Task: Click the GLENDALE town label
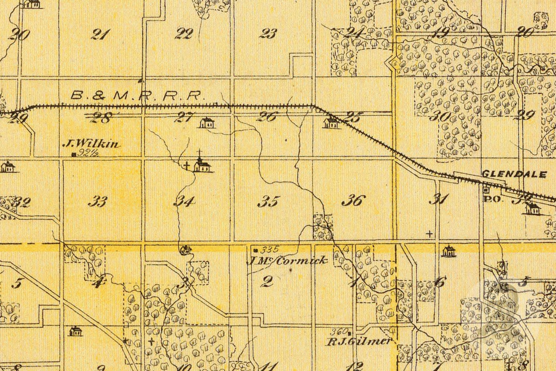coord(514,174)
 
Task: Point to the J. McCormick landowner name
coord(287,260)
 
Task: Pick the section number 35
coord(269,201)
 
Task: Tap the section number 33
coord(97,201)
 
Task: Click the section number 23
coord(269,34)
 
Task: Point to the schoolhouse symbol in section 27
coord(207,123)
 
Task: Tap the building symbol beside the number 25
coord(331,123)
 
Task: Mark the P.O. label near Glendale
coord(489,199)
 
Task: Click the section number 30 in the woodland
coord(440,116)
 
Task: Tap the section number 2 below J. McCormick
coord(267,281)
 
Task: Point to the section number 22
coord(184,34)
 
